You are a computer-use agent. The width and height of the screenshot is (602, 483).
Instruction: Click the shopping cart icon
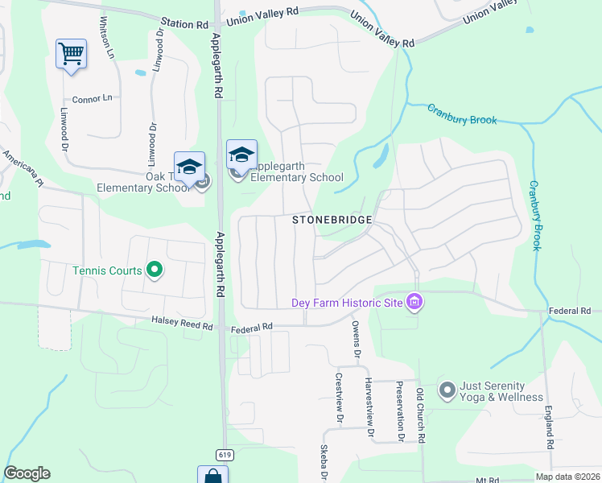pos(71,55)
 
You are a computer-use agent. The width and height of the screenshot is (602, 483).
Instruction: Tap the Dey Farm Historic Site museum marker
pos(414,303)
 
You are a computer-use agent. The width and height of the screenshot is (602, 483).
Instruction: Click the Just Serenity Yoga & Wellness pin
pos(447,390)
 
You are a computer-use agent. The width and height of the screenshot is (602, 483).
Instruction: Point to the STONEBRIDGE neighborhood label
pos(332,220)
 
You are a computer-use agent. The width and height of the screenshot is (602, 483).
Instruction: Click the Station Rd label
pos(184,25)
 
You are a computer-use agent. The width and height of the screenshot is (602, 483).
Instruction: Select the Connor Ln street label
pos(93,99)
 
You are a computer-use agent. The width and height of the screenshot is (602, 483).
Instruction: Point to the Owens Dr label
pos(355,339)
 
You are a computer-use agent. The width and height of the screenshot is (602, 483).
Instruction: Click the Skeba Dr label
pos(324,464)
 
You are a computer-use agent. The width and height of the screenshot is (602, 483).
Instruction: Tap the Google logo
pos(27,473)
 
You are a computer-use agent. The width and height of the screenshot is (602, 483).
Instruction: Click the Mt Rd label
pos(484,480)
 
